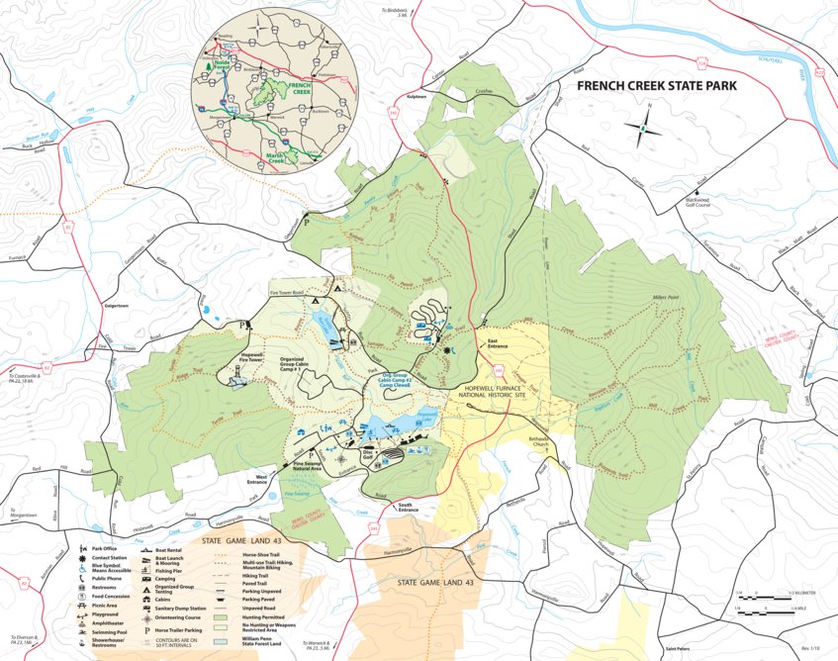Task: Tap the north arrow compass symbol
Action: (x=644, y=128)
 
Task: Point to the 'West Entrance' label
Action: (x=256, y=479)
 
